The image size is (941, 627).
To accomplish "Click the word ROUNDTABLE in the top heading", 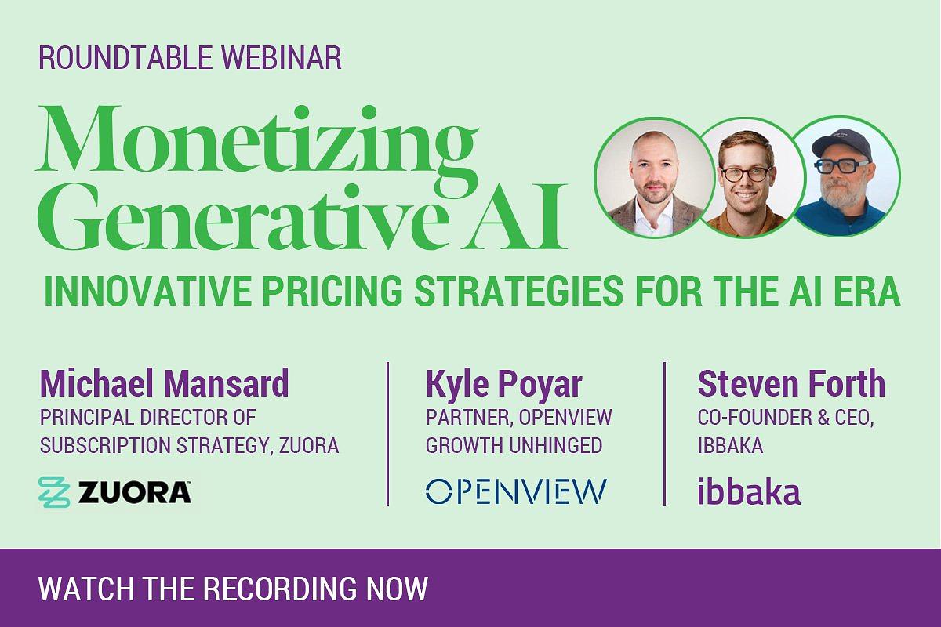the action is pos(125,57).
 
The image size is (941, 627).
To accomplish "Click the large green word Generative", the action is pos(241,219).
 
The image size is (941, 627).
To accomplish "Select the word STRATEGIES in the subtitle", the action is pos(519,291).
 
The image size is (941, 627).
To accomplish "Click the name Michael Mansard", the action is pos(164,383).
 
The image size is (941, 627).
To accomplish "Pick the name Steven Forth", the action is pos(791,383).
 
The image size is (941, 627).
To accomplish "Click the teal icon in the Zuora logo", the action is pos(54,491).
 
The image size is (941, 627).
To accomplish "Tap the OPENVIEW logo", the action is pos(516,491).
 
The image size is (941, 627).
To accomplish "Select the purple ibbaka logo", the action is pos(749,491).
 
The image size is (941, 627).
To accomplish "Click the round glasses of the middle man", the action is pos(746,174).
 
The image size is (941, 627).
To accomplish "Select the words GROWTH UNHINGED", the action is pos(514,445).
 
